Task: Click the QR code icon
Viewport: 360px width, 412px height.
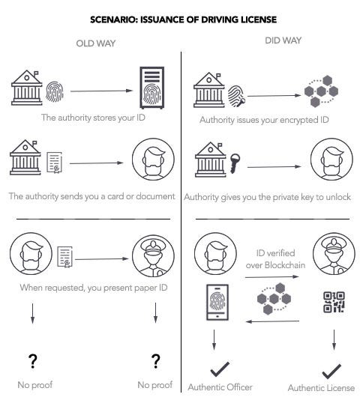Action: tap(334, 302)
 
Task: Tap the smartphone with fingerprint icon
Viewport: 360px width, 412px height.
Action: tap(217, 302)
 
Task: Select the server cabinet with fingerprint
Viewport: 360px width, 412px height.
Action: tap(151, 88)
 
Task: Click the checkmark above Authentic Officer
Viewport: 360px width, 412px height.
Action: tap(220, 369)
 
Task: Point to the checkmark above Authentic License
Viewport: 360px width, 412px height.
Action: tap(331, 371)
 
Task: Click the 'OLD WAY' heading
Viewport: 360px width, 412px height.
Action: tap(96, 43)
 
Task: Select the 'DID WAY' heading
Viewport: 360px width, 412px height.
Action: tap(283, 40)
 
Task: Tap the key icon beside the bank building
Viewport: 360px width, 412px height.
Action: tap(235, 163)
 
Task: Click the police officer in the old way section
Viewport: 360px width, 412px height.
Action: tap(153, 255)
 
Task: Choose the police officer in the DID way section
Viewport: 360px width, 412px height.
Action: tap(334, 253)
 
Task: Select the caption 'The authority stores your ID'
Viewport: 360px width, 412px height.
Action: tap(93, 118)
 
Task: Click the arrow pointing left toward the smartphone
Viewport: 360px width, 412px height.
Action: tap(272, 321)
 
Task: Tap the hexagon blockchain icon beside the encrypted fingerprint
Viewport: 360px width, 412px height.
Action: tap(321, 91)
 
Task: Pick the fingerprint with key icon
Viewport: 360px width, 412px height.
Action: tap(236, 96)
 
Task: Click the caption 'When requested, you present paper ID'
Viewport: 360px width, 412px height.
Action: tap(94, 288)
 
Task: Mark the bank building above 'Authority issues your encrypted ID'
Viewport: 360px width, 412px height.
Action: tap(209, 90)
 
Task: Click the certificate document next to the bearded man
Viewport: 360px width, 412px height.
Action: tap(65, 257)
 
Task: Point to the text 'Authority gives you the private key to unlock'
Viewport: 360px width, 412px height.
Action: tap(267, 197)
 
